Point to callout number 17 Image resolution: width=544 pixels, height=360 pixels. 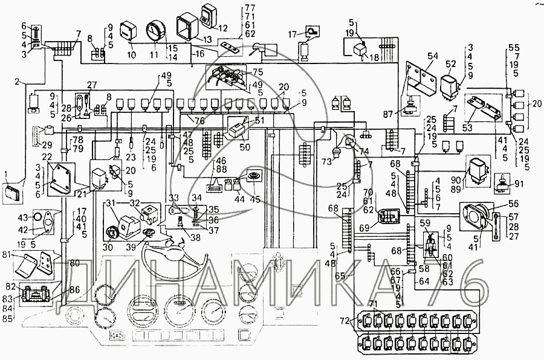[291, 34]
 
